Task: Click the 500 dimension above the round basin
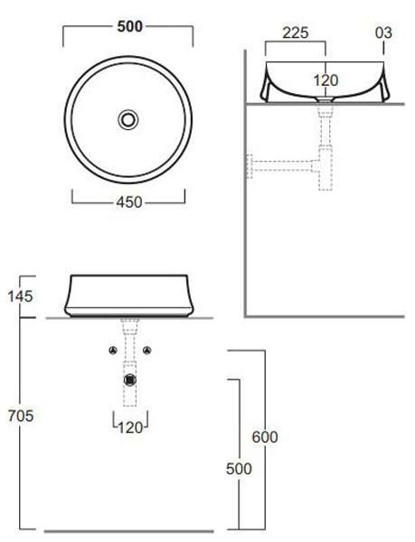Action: [x=129, y=27]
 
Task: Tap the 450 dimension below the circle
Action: [x=129, y=202]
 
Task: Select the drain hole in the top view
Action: [x=128, y=119]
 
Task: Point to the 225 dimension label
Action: [x=296, y=33]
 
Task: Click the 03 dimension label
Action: [x=383, y=33]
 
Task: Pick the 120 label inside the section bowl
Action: [x=325, y=80]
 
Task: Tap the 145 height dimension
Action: [x=21, y=296]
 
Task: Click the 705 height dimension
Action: [x=21, y=416]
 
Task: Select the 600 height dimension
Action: [x=265, y=437]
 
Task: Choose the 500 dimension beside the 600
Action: [x=239, y=469]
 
